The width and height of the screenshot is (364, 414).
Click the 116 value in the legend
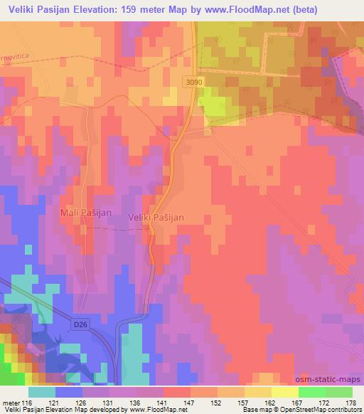pos(28,402)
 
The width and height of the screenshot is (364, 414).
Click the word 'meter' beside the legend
pos(9,402)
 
